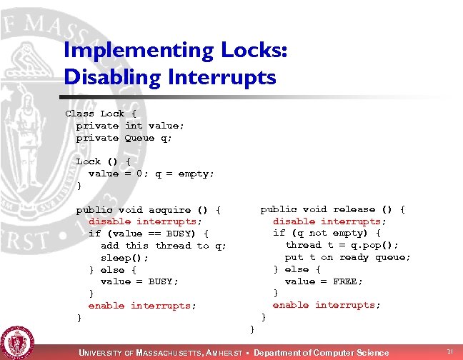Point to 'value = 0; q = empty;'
pyautogui.click(x=151, y=174)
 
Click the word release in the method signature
pyautogui.click(x=354, y=209)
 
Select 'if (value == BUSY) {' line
pyautogui.click(x=149, y=234)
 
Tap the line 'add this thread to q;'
pyautogui.click(x=164, y=246)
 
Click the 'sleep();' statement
pyautogui.click(x=125, y=257)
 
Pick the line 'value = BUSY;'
pyautogui.click(x=139, y=281)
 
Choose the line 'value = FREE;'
pyautogui.click(x=324, y=281)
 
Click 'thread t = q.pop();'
pyautogui.click(x=342, y=245)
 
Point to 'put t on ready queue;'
pyautogui.click(x=348, y=257)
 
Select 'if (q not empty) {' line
pyautogui.click(x=327, y=233)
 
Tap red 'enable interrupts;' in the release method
pyautogui.click(x=327, y=305)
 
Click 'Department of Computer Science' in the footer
pyautogui.click(x=322, y=353)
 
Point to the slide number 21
pyautogui.click(x=450, y=351)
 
